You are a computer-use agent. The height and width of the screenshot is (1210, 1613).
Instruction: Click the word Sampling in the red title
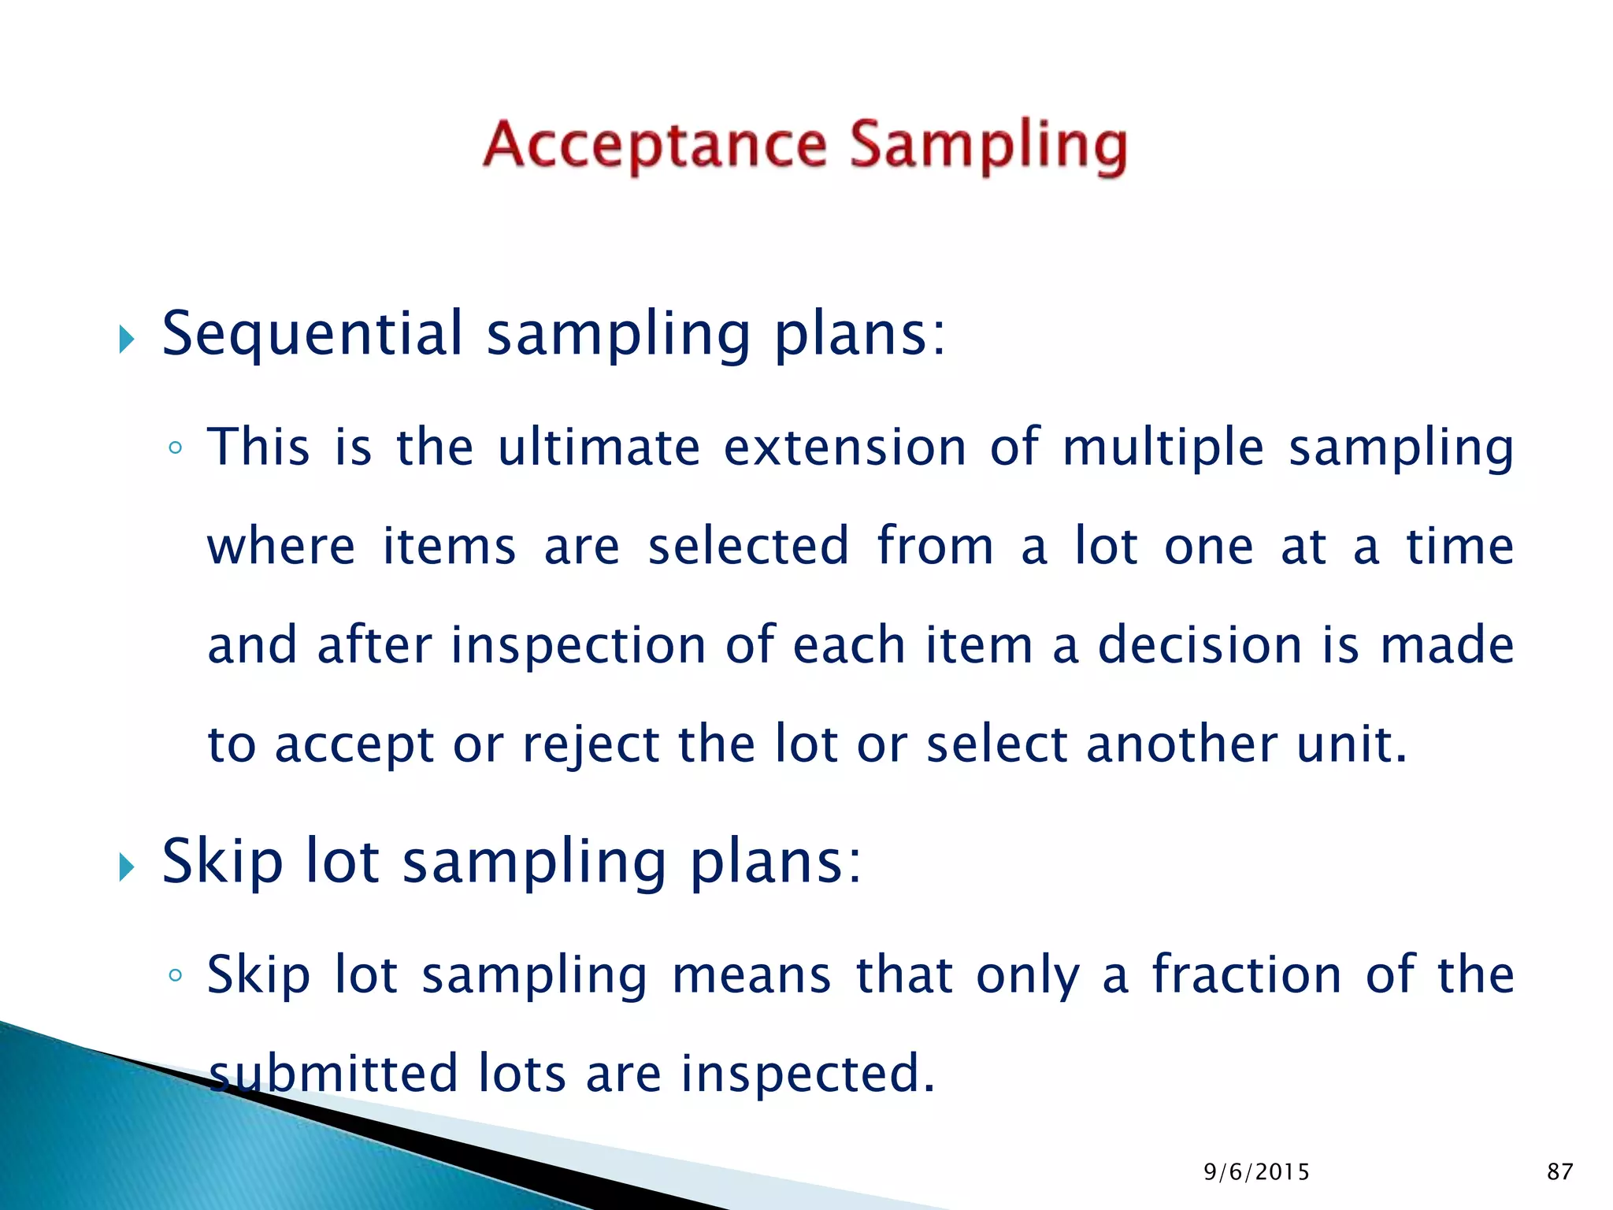point(988,147)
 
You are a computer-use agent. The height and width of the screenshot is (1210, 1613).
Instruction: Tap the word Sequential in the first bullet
point(313,334)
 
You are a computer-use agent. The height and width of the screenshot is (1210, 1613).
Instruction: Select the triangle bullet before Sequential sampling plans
point(127,340)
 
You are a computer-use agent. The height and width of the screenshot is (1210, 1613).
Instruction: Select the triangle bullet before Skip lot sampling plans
point(127,867)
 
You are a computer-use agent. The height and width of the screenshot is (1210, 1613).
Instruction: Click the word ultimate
point(599,447)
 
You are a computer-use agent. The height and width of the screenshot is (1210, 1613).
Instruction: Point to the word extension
point(844,447)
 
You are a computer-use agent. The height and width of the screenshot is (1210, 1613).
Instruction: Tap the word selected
point(748,546)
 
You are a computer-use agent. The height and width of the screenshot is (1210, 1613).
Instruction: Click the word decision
point(1200,645)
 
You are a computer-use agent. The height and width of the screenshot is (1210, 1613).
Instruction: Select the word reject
point(591,745)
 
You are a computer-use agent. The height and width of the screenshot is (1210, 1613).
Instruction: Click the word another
point(1181,744)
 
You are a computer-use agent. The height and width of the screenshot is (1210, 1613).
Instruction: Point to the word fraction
point(1247,975)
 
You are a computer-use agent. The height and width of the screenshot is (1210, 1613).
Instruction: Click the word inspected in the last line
point(807,1075)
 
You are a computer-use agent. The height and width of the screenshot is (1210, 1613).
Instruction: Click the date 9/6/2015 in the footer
point(1256,1172)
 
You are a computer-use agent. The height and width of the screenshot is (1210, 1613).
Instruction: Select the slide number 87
point(1560,1172)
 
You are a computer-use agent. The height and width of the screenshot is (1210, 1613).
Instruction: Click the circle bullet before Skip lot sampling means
point(175,976)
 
